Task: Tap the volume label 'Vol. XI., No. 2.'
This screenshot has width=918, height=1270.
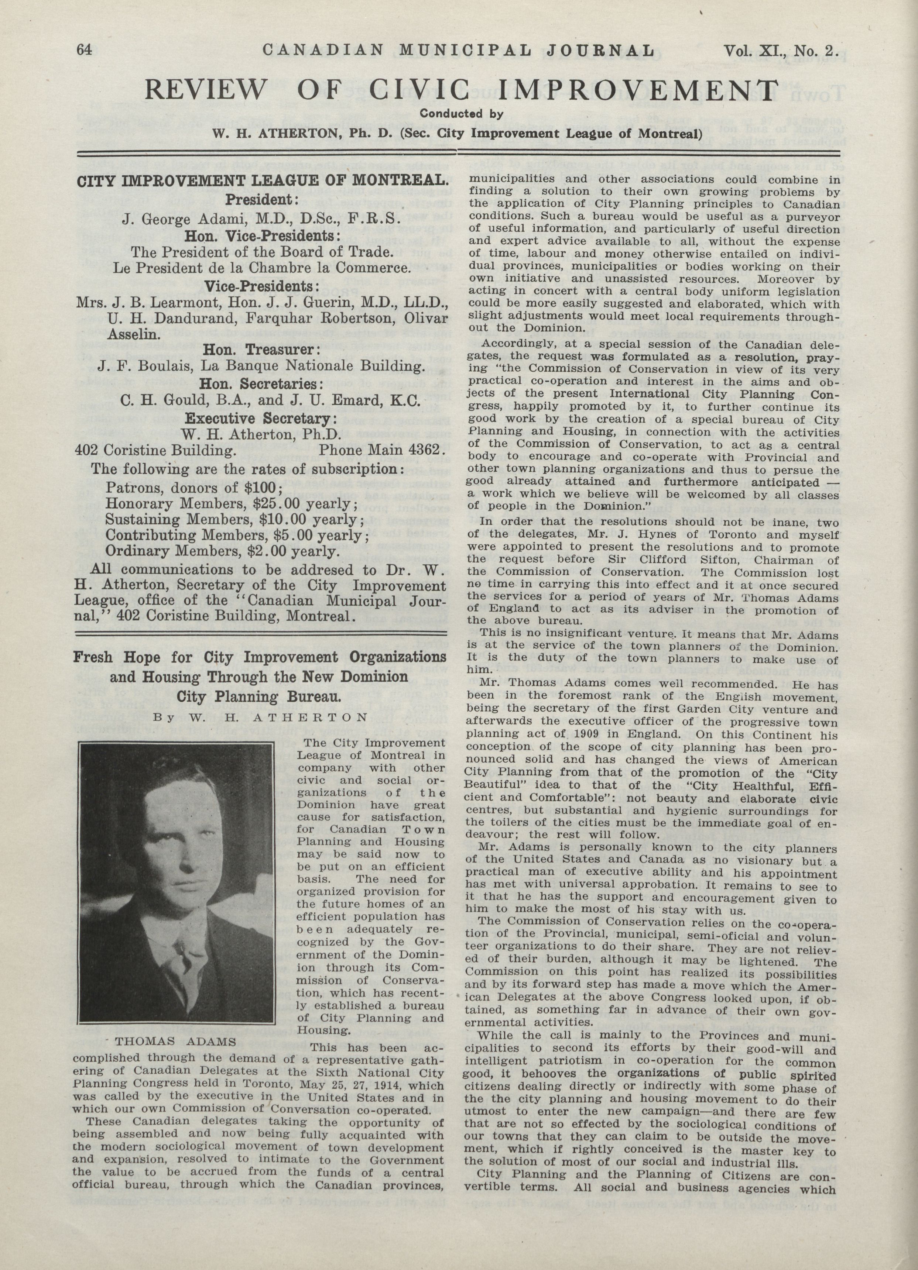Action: click(x=781, y=51)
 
